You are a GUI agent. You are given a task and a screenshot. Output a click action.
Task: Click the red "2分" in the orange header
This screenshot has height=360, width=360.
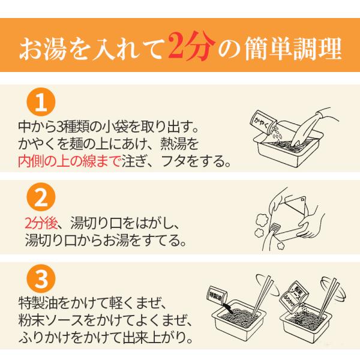click(191, 47)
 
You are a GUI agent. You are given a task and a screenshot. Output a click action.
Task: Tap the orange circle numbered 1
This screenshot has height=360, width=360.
click(41, 102)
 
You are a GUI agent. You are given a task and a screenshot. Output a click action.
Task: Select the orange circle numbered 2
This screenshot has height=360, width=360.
click(41, 197)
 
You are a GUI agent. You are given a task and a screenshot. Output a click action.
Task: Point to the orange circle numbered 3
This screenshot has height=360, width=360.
click(41, 279)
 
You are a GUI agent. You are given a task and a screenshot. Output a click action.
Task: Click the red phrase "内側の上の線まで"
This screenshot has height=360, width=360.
click(69, 161)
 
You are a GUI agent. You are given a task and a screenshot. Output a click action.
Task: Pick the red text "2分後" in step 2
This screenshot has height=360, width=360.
click(41, 223)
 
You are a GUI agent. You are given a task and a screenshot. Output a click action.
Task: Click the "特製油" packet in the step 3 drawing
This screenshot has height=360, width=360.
click(217, 295)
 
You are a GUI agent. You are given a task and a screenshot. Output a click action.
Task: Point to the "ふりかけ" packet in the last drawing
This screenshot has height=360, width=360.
click(290, 299)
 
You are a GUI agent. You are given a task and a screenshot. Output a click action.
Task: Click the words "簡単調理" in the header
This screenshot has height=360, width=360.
click(293, 49)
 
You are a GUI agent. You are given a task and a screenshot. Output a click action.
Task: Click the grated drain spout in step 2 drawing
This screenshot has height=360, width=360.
click(275, 227)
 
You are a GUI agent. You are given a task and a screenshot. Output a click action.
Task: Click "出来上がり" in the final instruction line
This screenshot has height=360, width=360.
click(157, 337)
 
